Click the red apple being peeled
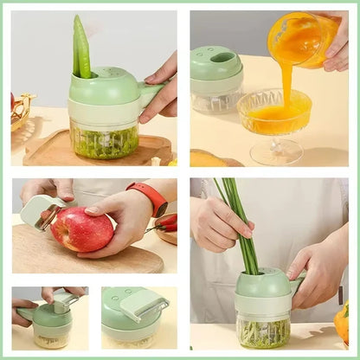click(x=81, y=229)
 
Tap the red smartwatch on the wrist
click(x=152, y=199)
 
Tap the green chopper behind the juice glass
click(x=216, y=78)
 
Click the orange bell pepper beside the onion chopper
click(x=343, y=323)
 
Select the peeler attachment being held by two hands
click(x=61, y=301)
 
